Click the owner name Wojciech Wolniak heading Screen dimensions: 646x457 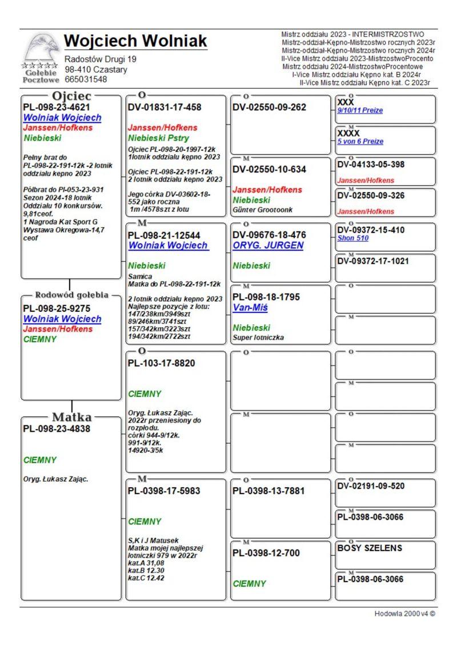(135, 42)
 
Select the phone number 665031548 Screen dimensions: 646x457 (86, 79)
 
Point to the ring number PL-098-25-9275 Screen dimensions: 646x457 (57, 308)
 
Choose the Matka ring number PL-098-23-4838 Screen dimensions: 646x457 (57, 429)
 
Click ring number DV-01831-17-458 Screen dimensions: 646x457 (165, 107)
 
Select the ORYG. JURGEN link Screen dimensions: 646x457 (268, 246)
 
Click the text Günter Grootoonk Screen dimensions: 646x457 (263, 210)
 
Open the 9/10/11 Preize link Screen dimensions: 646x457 (360, 110)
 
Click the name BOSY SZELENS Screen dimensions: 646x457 (370, 548)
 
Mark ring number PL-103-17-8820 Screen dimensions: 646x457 (161, 363)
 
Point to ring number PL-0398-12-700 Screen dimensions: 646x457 (266, 553)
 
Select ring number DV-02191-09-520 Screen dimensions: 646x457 (371, 486)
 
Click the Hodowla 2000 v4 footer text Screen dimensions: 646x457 (404, 613)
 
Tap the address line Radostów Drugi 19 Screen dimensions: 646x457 (101, 59)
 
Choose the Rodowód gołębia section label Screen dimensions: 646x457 (71, 295)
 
